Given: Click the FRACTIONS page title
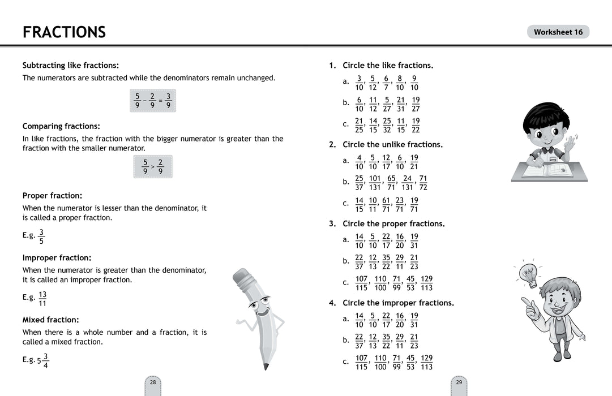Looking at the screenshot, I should pyautogui.click(x=64, y=32).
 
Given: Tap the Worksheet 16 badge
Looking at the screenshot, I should pyautogui.click(x=558, y=32).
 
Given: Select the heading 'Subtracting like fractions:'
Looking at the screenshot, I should pyautogui.click(x=70, y=65).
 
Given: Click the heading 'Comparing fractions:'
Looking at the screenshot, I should pyautogui.click(x=61, y=126).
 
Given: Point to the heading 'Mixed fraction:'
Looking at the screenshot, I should pyautogui.click(x=50, y=320).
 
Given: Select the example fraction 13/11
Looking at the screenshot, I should pyautogui.click(x=42, y=299).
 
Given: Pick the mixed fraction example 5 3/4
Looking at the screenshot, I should pyautogui.click(x=43, y=360).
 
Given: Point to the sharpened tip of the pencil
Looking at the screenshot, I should pyautogui.click(x=266, y=367).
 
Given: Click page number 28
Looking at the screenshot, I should pyautogui.click(x=153, y=382).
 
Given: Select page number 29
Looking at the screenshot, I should pyautogui.click(x=459, y=382).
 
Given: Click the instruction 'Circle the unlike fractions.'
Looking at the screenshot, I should pyautogui.click(x=392, y=144).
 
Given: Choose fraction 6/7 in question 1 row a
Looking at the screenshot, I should pyautogui.click(x=386, y=83).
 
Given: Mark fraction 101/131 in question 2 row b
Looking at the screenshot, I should pyautogui.click(x=375, y=182).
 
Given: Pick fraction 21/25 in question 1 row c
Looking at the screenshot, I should pyautogui.click(x=359, y=126).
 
